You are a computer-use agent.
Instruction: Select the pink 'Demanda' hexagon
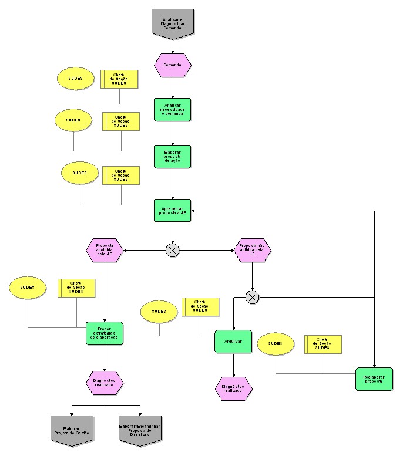(x=173, y=65)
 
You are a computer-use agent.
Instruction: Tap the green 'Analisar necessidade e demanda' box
(x=173, y=109)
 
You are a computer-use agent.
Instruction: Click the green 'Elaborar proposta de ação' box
(x=173, y=156)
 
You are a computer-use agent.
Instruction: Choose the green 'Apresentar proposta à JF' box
(x=173, y=210)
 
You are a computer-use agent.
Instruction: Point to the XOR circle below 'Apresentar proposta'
(x=172, y=251)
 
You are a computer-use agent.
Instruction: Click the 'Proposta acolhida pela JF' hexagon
(x=105, y=250)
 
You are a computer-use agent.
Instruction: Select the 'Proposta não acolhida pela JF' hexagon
(x=252, y=250)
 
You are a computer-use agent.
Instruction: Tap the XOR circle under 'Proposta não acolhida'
(x=252, y=298)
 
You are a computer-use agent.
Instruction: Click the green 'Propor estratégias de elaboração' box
(x=105, y=333)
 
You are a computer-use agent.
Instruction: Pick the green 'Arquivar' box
(x=233, y=342)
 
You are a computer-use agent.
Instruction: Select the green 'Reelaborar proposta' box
(x=374, y=379)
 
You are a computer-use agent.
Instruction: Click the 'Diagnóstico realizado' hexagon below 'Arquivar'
(x=233, y=389)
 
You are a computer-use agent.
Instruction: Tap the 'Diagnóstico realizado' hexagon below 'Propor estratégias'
(x=105, y=383)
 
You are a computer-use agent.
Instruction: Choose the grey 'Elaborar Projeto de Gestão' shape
(x=72, y=430)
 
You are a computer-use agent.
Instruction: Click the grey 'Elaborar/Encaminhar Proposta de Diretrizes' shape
(x=140, y=430)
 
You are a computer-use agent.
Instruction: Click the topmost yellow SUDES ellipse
(x=76, y=79)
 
